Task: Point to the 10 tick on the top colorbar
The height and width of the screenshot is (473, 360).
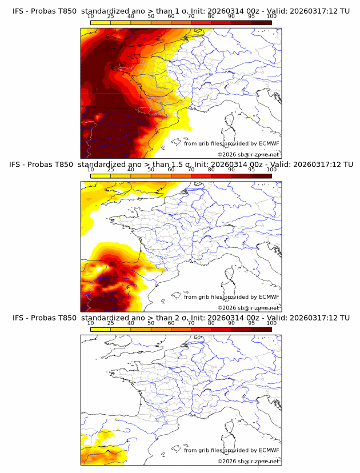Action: pyautogui.click(x=90, y=17)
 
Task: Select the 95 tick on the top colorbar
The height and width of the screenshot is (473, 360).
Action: pyautogui.click(x=251, y=17)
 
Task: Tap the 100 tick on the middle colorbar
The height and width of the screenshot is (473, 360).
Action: pyautogui.click(x=271, y=170)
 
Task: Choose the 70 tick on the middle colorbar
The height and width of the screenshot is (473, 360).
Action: pyautogui.click(x=191, y=170)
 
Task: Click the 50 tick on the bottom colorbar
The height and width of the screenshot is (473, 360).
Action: pyautogui.click(x=151, y=323)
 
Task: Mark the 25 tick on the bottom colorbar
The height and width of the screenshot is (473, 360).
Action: pyautogui.click(x=110, y=323)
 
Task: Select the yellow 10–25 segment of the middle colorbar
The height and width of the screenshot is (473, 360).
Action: pyautogui.click(x=101, y=176)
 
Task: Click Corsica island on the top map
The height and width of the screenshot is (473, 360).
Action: pyautogui.click(x=231, y=121)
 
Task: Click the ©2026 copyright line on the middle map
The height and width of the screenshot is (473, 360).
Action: pyautogui.click(x=248, y=308)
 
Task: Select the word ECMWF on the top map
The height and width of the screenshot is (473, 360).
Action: pyautogui.click(x=269, y=143)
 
